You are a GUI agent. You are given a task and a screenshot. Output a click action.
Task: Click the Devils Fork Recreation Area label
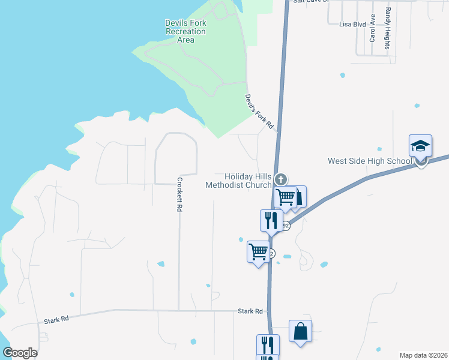(185, 31)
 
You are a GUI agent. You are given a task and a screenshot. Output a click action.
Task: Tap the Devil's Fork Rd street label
(259, 112)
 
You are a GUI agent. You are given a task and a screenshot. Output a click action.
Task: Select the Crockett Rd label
(179, 194)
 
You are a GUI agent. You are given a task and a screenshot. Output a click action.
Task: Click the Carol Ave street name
(373, 28)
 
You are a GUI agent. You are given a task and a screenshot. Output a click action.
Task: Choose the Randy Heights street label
(388, 29)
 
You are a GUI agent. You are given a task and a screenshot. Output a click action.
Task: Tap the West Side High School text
(369, 161)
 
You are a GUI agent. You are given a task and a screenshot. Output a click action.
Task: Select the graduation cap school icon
(421, 146)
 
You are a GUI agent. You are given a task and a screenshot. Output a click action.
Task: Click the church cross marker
(280, 179)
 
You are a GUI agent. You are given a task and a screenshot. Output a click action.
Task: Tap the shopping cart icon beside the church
(286, 196)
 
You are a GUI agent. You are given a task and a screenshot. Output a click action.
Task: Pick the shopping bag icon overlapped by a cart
(300, 196)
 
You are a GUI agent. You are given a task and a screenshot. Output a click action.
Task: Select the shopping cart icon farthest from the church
(258, 251)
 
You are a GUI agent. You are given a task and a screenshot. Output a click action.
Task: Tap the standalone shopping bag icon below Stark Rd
(300, 331)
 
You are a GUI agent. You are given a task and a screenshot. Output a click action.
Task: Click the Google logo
(20, 353)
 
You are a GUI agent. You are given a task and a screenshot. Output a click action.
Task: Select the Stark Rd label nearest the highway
(250, 311)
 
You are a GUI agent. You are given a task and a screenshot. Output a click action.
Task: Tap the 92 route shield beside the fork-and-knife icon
(286, 226)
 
